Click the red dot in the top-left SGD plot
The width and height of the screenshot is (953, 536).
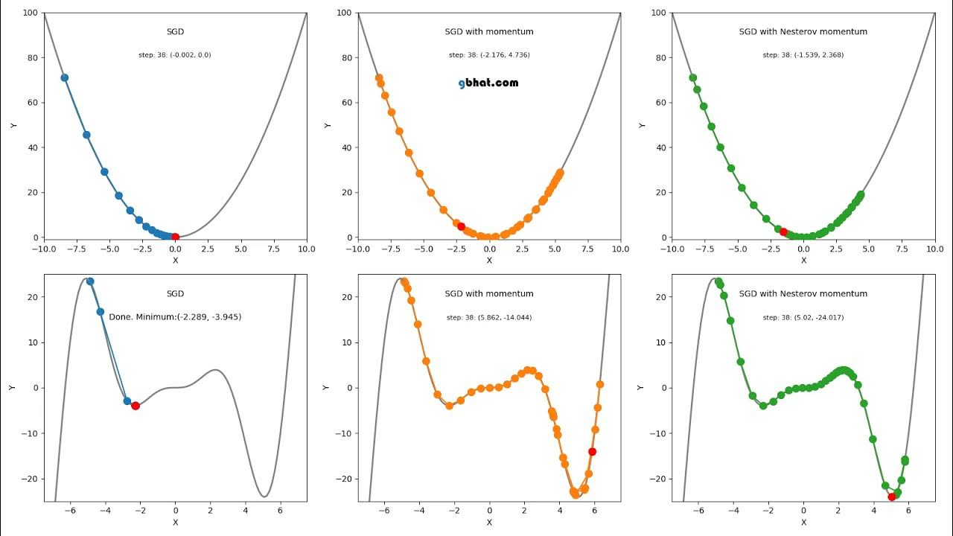[175, 237]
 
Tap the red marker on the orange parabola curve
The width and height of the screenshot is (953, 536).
[461, 226]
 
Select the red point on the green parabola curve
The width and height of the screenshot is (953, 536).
[783, 232]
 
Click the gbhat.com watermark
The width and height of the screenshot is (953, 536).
[488, 83]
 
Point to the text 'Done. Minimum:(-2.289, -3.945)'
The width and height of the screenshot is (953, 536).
[175, 316]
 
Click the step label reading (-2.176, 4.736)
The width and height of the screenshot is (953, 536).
[489, 55]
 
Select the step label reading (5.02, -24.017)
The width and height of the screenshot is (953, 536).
[803, 318]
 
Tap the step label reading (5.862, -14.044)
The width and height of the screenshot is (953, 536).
[489, 318]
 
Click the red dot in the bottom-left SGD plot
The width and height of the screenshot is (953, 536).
[136, 406]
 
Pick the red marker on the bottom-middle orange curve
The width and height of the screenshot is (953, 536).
[592, 451]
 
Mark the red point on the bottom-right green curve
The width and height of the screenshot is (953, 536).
[892, 497]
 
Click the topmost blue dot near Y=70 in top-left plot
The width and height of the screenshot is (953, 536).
[65, 77]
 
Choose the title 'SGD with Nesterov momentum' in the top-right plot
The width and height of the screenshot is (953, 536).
[803, 32]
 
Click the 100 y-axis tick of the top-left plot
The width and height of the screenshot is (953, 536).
[31, 13]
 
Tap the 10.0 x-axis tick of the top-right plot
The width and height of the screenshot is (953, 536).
[935, 249]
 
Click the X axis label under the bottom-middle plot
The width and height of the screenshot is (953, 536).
[489, 523]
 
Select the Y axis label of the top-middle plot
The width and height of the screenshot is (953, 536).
[328, 125]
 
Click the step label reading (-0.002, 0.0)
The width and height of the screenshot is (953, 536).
[175, 55]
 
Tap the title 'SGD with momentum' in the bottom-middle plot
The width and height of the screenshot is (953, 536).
[489, 294]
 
